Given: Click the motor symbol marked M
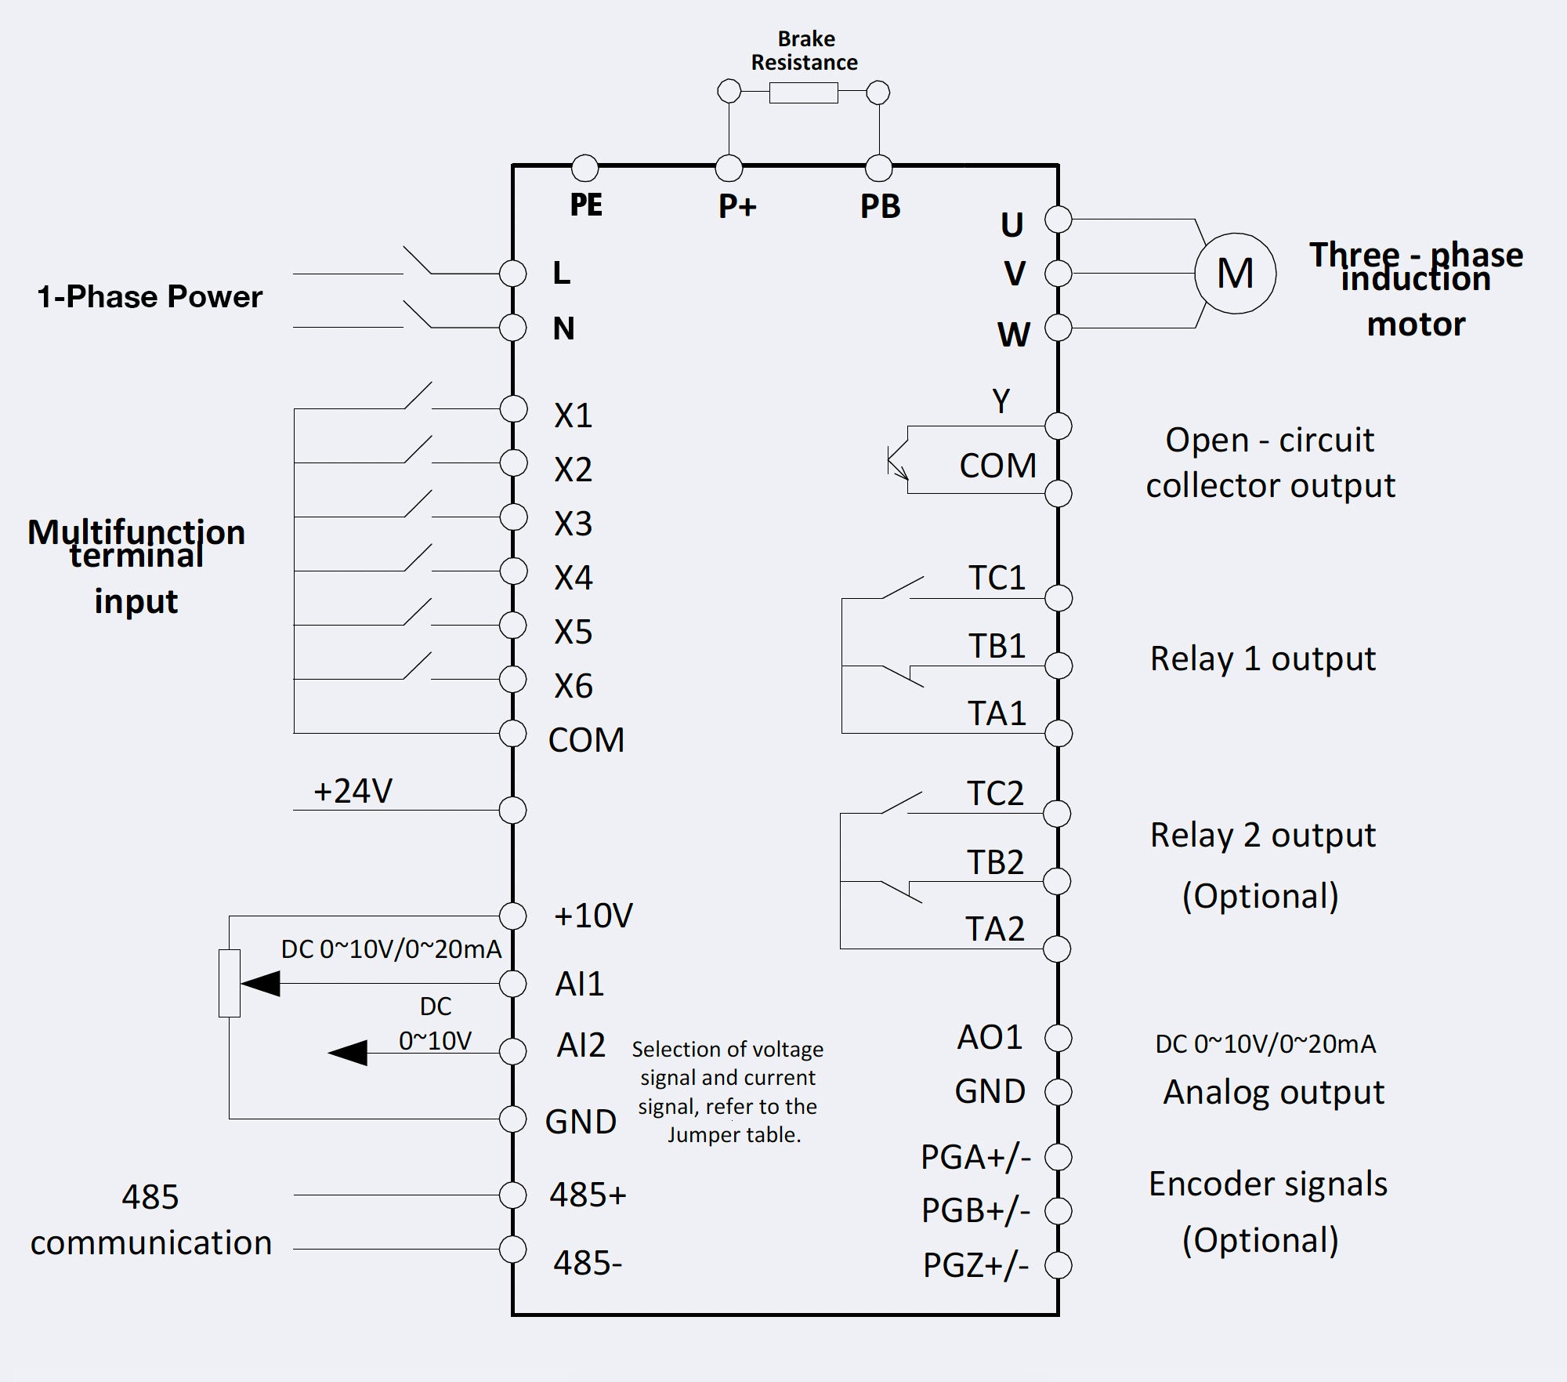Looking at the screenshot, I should click(x=1235, y=274).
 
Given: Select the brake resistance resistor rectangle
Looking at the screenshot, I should click(x=803, y=93).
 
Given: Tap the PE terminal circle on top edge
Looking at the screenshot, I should click(x=584, y=167).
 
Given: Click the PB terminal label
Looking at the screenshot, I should click(x=880, y=207).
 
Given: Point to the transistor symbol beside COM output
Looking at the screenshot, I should click(x=897, y=462).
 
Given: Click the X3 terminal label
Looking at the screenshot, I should click(x=573, y=524).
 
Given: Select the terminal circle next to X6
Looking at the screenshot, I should click(x=513, y=679).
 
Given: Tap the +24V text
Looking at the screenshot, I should click(x=353, y=791).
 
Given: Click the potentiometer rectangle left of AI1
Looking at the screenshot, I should click(x=229, y=983).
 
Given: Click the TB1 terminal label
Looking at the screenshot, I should click(x=997, y=646).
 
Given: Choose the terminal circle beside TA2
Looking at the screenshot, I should click(x=1057, y=949).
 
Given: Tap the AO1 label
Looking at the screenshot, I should click(x=990, y=1038).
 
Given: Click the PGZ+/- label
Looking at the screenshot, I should click(x=975, y=1265).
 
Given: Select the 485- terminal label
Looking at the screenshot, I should click(x=587, y=1263).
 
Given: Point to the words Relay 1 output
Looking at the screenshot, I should click(x=1262, y=658).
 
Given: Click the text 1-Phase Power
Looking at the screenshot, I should click(x=150, y=297).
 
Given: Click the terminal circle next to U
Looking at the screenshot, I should click(x=1058, y=219).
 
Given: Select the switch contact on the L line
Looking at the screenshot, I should click(x=417, y=261).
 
